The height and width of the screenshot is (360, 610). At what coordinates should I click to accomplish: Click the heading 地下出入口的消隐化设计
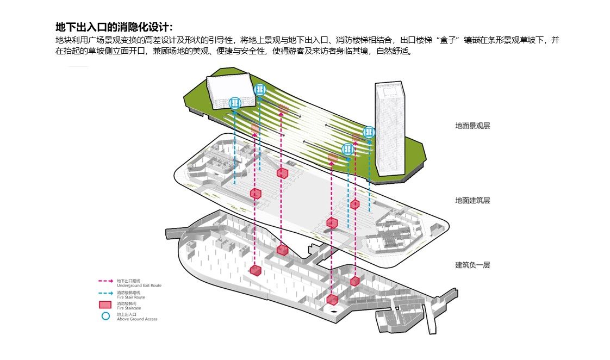[x=114, y=27]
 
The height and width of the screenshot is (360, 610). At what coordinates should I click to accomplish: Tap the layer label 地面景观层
[x=472, y=126]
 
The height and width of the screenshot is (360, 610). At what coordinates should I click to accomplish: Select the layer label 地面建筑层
[x=472, y=201]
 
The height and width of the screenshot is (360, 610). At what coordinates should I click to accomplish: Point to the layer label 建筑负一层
[x=472, y=265]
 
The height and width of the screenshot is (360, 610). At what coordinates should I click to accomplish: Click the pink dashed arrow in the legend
[x=105, y=281]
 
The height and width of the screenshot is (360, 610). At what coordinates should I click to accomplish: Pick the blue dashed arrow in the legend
[x=105, y=293]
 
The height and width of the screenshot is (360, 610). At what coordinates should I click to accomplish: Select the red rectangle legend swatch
[x=105, y=305]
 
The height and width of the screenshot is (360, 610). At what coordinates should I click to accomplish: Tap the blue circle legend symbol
[x=105, y=315]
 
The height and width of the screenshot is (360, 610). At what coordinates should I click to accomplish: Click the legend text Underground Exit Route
[x=139, y=285]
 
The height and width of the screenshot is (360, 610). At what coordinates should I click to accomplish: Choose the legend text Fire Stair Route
[x=130, y=297]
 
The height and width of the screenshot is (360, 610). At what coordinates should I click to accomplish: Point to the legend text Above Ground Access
[x=136, y=319]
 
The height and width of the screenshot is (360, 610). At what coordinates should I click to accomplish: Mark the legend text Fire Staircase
[x=129, y=308]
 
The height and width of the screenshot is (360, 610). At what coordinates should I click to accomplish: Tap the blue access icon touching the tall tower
[x=369, y=132]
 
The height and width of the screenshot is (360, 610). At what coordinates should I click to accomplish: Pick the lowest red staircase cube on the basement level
[x=332, y=300]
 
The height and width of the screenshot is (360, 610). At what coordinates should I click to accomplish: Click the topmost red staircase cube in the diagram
[x=282, y=173]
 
